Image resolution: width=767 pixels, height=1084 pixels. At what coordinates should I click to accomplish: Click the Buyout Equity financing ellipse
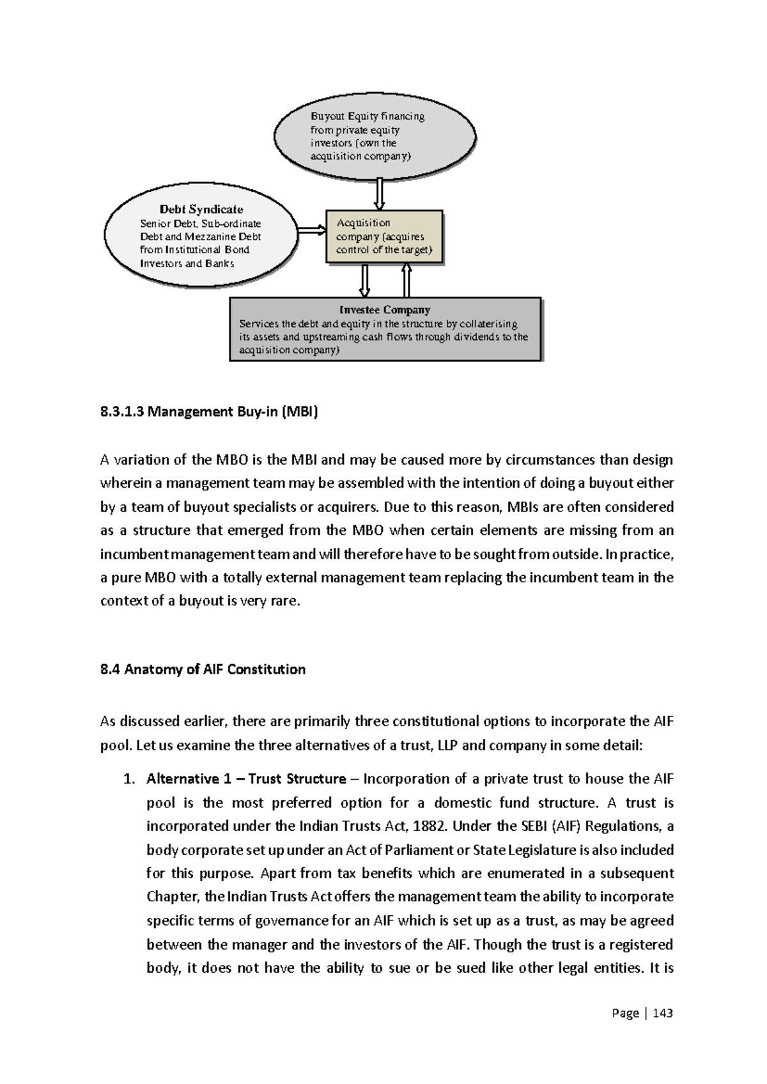[375, 136]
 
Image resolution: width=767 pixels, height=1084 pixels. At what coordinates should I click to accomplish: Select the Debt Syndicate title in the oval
[201, 210]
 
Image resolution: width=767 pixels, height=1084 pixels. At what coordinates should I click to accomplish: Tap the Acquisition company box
[384, 236]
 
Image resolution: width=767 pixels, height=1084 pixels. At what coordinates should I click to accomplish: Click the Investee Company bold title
[384, 310]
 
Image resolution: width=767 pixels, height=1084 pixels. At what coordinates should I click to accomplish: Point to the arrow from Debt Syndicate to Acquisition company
[312, 230]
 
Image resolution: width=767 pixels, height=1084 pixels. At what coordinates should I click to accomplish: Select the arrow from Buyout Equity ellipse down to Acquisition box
[379, 194]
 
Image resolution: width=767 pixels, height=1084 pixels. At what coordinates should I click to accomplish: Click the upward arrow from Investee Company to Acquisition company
[406, 281]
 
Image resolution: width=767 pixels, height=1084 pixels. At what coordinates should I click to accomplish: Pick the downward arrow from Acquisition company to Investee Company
[365, 281]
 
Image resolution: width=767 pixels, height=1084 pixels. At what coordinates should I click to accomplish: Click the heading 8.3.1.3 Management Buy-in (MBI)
[208, 412]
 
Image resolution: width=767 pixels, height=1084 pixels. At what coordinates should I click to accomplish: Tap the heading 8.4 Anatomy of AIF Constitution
[203, 670]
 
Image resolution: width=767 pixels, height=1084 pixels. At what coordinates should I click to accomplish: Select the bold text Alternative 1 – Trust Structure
[246, 779]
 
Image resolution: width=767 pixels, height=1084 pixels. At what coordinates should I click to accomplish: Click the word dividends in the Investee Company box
[478, 337]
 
